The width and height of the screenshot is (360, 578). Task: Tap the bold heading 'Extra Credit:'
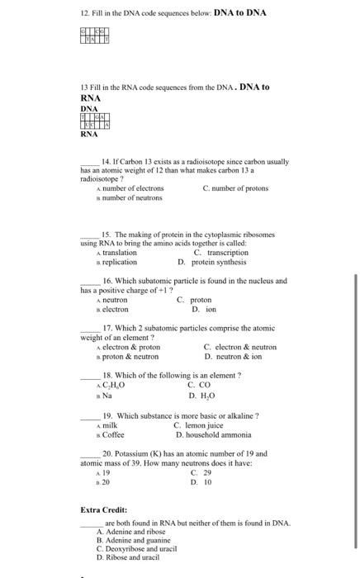point(103,509)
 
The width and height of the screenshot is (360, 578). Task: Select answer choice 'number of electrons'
point(132,189)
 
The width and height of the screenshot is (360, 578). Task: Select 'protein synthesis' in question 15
point(219,262)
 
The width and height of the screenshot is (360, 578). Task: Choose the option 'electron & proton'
point(130,347)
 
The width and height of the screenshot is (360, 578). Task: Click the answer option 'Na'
point(107,395)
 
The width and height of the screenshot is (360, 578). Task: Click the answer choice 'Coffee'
point(113,434)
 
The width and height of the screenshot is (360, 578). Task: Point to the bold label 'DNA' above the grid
point(89,108)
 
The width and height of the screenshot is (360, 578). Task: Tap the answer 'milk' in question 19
point(109,425)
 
